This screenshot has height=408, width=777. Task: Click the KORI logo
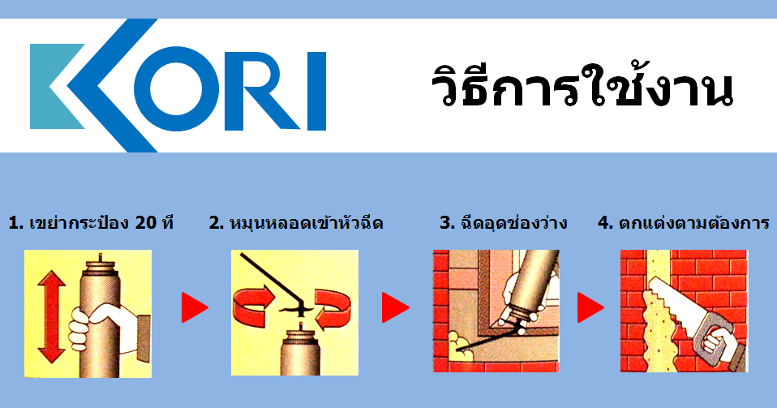178,85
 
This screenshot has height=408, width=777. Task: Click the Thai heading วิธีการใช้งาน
582,87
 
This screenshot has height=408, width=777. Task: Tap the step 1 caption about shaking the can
91,222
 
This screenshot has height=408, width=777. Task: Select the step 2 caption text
296,222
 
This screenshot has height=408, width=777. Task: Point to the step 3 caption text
503,222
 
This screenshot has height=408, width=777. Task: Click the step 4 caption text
684,222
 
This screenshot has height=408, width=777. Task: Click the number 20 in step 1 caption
146,223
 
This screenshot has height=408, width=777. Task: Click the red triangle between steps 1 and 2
195,308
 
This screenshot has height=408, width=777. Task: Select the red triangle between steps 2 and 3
396,308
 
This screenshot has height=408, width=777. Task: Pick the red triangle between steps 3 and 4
590,308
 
